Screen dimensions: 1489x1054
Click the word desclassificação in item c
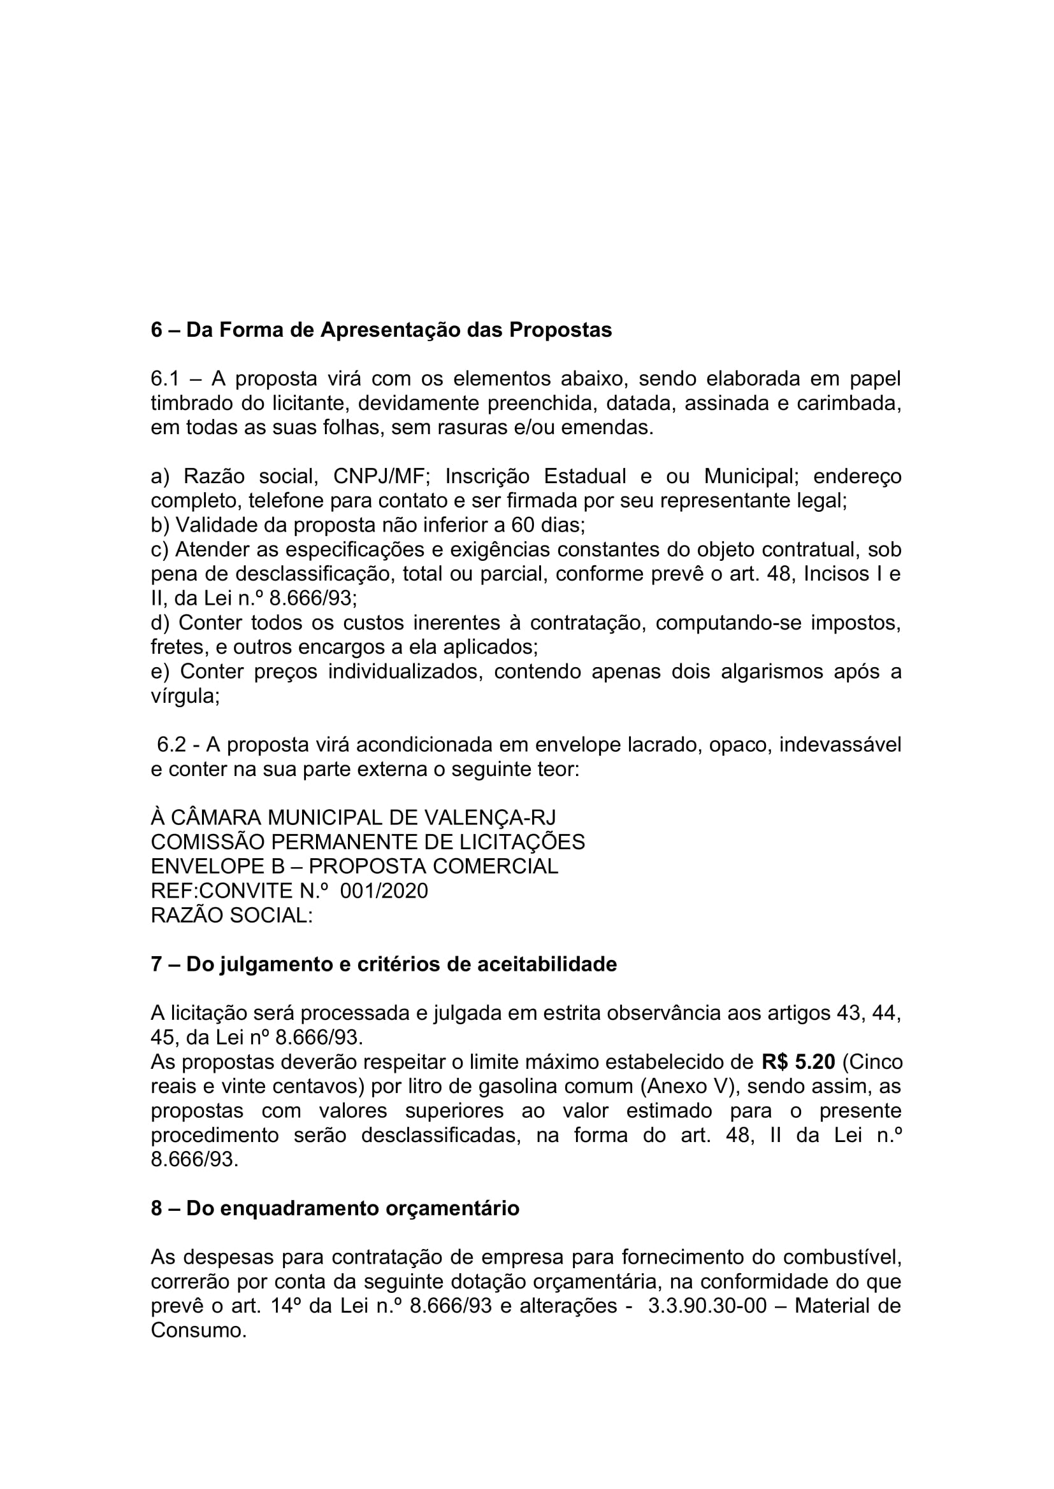[314, 574]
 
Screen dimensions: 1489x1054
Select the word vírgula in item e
[185, 696]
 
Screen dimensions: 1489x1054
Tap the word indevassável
[840, 745]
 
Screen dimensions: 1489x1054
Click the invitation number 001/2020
[384, 891]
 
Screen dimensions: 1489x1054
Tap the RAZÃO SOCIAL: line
[232, 915]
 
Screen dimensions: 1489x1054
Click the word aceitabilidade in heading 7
[547, 965]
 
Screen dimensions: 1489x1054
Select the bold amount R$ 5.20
[798, 1062]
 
